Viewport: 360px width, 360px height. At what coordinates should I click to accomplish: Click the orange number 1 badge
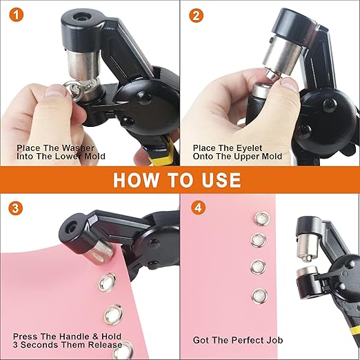[16, 14]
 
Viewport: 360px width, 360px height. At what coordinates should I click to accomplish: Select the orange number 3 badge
[16, 207]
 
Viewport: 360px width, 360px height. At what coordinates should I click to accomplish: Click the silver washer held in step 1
[54, 88]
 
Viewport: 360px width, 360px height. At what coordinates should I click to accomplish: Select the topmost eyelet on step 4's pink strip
[260, 219]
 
